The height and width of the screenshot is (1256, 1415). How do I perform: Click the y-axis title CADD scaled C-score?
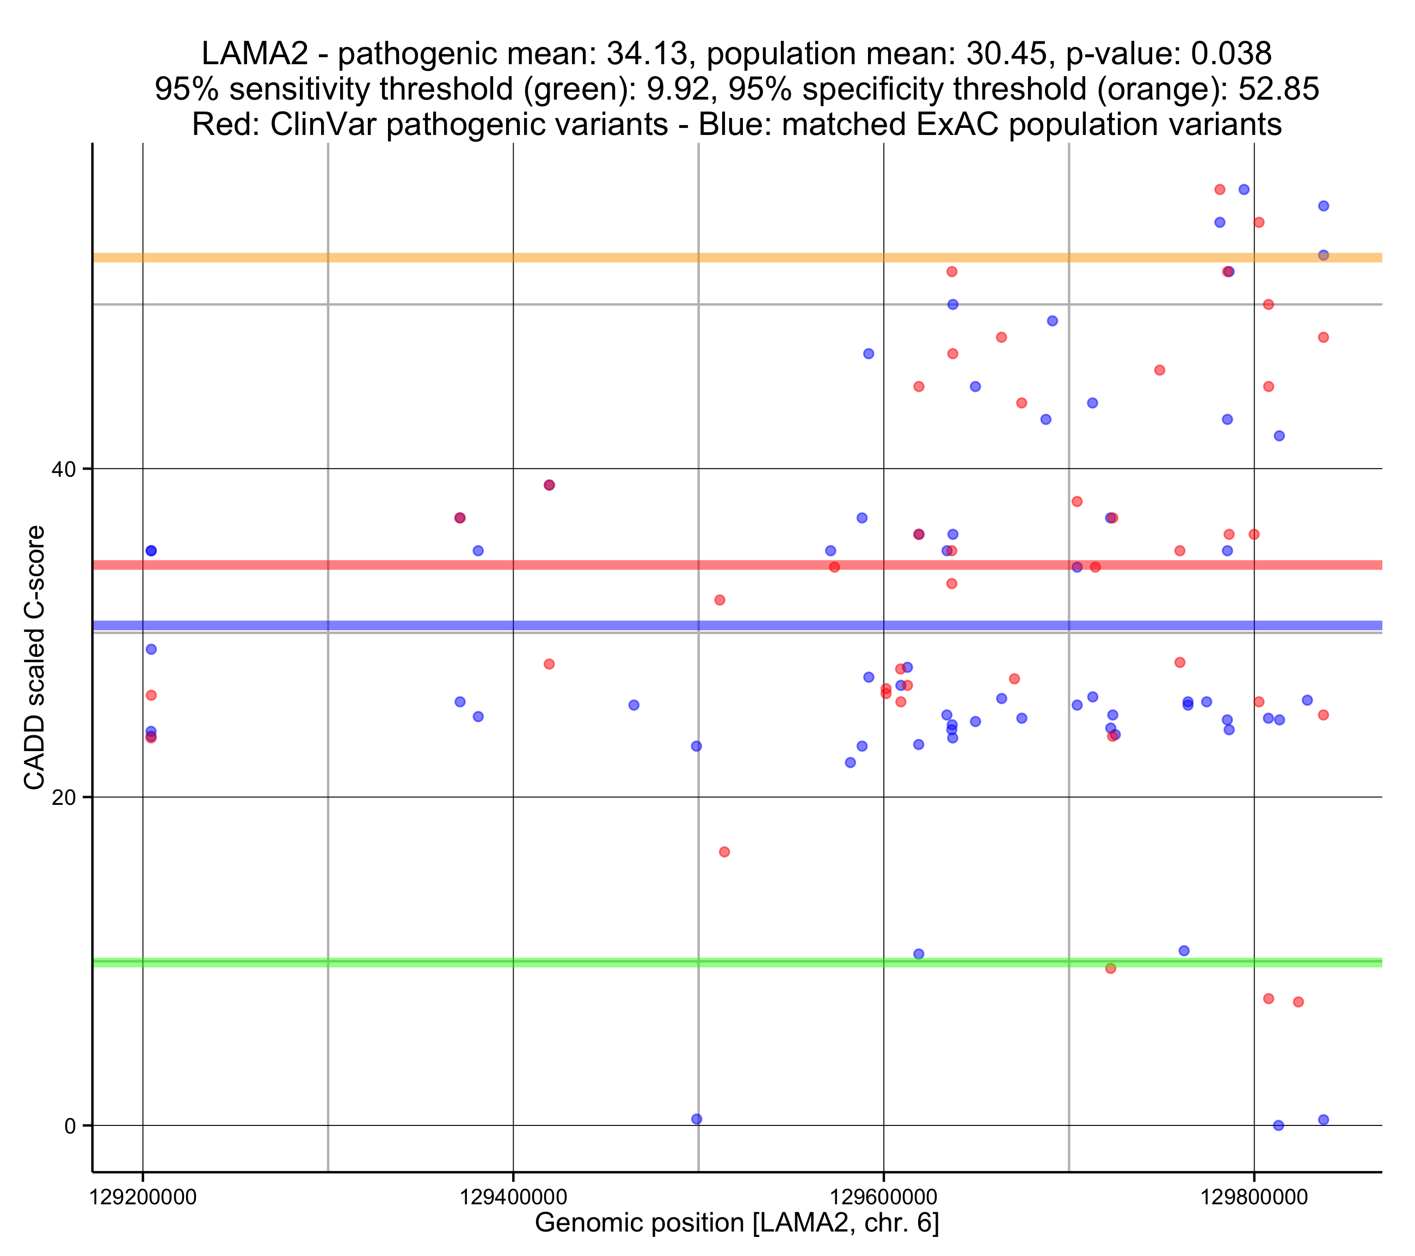point(35,658)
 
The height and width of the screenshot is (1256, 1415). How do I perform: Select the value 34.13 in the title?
point(647,54)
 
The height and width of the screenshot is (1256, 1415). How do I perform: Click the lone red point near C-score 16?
point(724,852)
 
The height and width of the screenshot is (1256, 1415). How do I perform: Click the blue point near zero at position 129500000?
point(697,1119)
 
